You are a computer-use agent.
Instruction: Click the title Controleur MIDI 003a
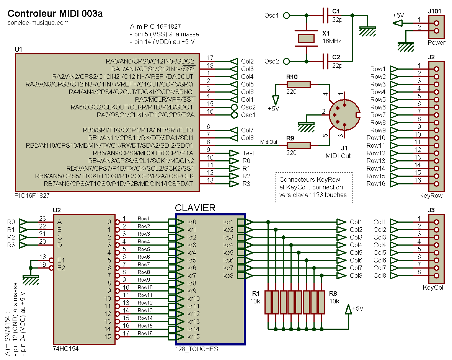pyautogui.click(x=55, y=14)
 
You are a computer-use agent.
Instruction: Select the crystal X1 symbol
pyautogui.click(x=306, y=38)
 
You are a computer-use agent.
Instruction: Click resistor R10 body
pyautogui.click(x=298, y=84)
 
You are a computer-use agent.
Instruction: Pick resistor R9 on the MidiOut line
pyautogui.click(x=298, y=145)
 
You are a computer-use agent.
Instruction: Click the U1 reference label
pyautogui.click(x=18, y=50)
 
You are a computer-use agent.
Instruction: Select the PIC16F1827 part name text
pyautogui.click(x=32, y=195)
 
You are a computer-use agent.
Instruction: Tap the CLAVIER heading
pyautogui.click(x=195, y=208)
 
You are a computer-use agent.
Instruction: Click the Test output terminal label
pyautogui.click(x=248, y=153)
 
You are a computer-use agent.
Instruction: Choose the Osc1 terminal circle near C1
pyautogui.click(x=286, y=16)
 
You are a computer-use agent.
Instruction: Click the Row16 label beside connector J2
pyautogui.click(x=376, y=184)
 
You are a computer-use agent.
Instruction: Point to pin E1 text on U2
pyautogui.click(x=61, y=260)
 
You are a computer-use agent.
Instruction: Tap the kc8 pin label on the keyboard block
pyautogui.click(x=228, y=275)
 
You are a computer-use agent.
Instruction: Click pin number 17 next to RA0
pyautogui.click(x=210, y=58)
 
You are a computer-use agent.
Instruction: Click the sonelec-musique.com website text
pyautogui.click(x=38, y=23)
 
